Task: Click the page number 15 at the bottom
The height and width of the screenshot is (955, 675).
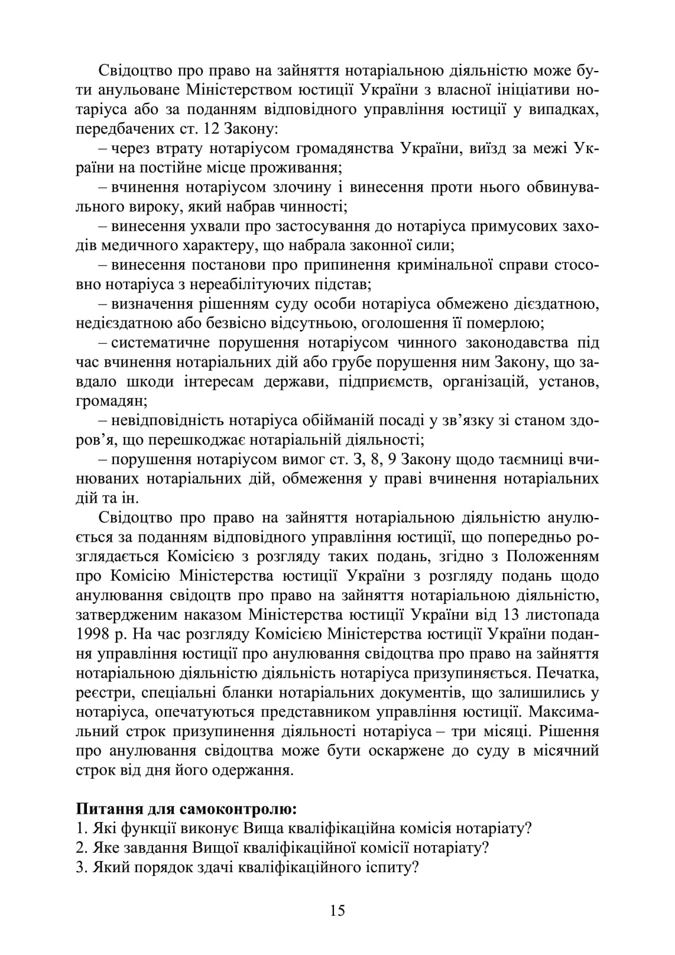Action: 337,910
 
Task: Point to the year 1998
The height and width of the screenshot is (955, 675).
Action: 93,634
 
